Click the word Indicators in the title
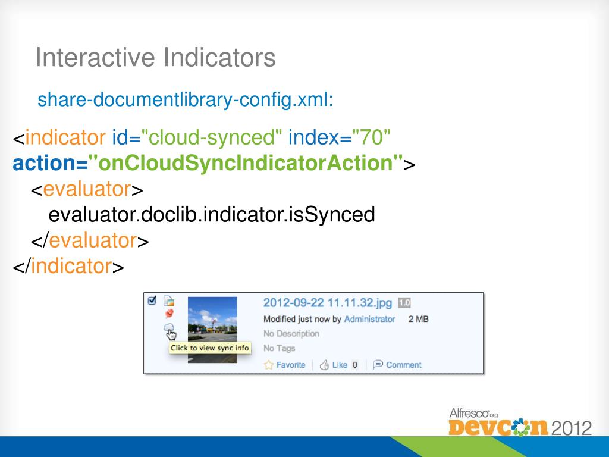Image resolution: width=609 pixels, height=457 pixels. pos(219,57)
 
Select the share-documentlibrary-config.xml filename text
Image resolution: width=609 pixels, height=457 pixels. pos(186,100)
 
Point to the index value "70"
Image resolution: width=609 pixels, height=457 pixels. pos(371,137)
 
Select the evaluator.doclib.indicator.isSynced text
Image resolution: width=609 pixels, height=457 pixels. pos(212,214)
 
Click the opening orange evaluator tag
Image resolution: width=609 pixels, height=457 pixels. pos(87,189)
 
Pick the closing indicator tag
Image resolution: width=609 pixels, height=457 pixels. pos(68,266)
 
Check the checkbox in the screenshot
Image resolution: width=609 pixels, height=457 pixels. pos(152,301)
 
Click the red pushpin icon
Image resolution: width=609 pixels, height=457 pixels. pos(169,314)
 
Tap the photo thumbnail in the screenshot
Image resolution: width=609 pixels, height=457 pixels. pos(212,330)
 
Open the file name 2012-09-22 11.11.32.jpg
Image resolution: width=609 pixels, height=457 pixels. pos(328,303)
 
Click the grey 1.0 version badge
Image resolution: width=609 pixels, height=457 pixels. pos(404,303)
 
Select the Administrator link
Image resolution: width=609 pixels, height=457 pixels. pos(369,319)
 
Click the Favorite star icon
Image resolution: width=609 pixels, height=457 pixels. pos(269,365)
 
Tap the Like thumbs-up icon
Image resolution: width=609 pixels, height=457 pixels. pos(324,365)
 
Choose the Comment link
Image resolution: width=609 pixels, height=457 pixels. pos(404,365)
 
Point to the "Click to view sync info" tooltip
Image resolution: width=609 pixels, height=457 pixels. pos(210,348)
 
